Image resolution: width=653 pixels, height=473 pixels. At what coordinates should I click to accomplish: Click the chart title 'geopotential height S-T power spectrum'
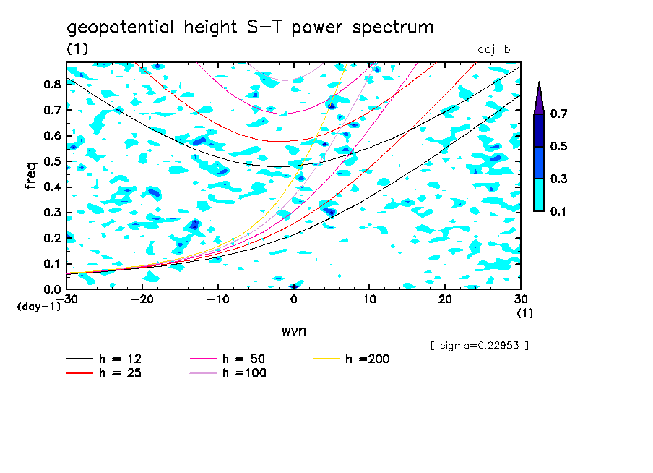point(250,27)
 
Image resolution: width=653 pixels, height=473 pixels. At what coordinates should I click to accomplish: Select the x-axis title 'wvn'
point(293,331)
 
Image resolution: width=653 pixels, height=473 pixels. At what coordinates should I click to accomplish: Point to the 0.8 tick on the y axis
point(51,84)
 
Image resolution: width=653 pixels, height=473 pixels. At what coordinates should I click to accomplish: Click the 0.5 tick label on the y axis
point(51,161)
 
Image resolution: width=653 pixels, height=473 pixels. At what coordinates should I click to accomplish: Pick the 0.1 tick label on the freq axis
point(51,264)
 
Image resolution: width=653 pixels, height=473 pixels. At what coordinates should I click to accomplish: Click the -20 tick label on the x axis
point(142,299)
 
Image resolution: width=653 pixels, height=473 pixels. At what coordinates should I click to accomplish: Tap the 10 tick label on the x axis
point(369,299)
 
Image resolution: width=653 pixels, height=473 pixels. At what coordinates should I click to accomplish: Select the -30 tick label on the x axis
point(66,299)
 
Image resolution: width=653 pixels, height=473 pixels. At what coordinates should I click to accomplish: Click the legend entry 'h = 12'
point(116,359)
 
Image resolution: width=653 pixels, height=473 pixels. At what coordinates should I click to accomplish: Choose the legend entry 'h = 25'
point(116,373)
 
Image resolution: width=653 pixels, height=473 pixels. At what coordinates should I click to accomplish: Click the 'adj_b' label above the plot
point(494,49)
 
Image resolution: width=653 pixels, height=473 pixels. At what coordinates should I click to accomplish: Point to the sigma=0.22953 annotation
point(479,345)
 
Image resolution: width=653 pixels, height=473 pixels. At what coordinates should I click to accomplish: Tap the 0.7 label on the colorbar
point(558,114)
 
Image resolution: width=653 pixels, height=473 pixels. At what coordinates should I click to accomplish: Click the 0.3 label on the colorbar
point(558,179)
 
